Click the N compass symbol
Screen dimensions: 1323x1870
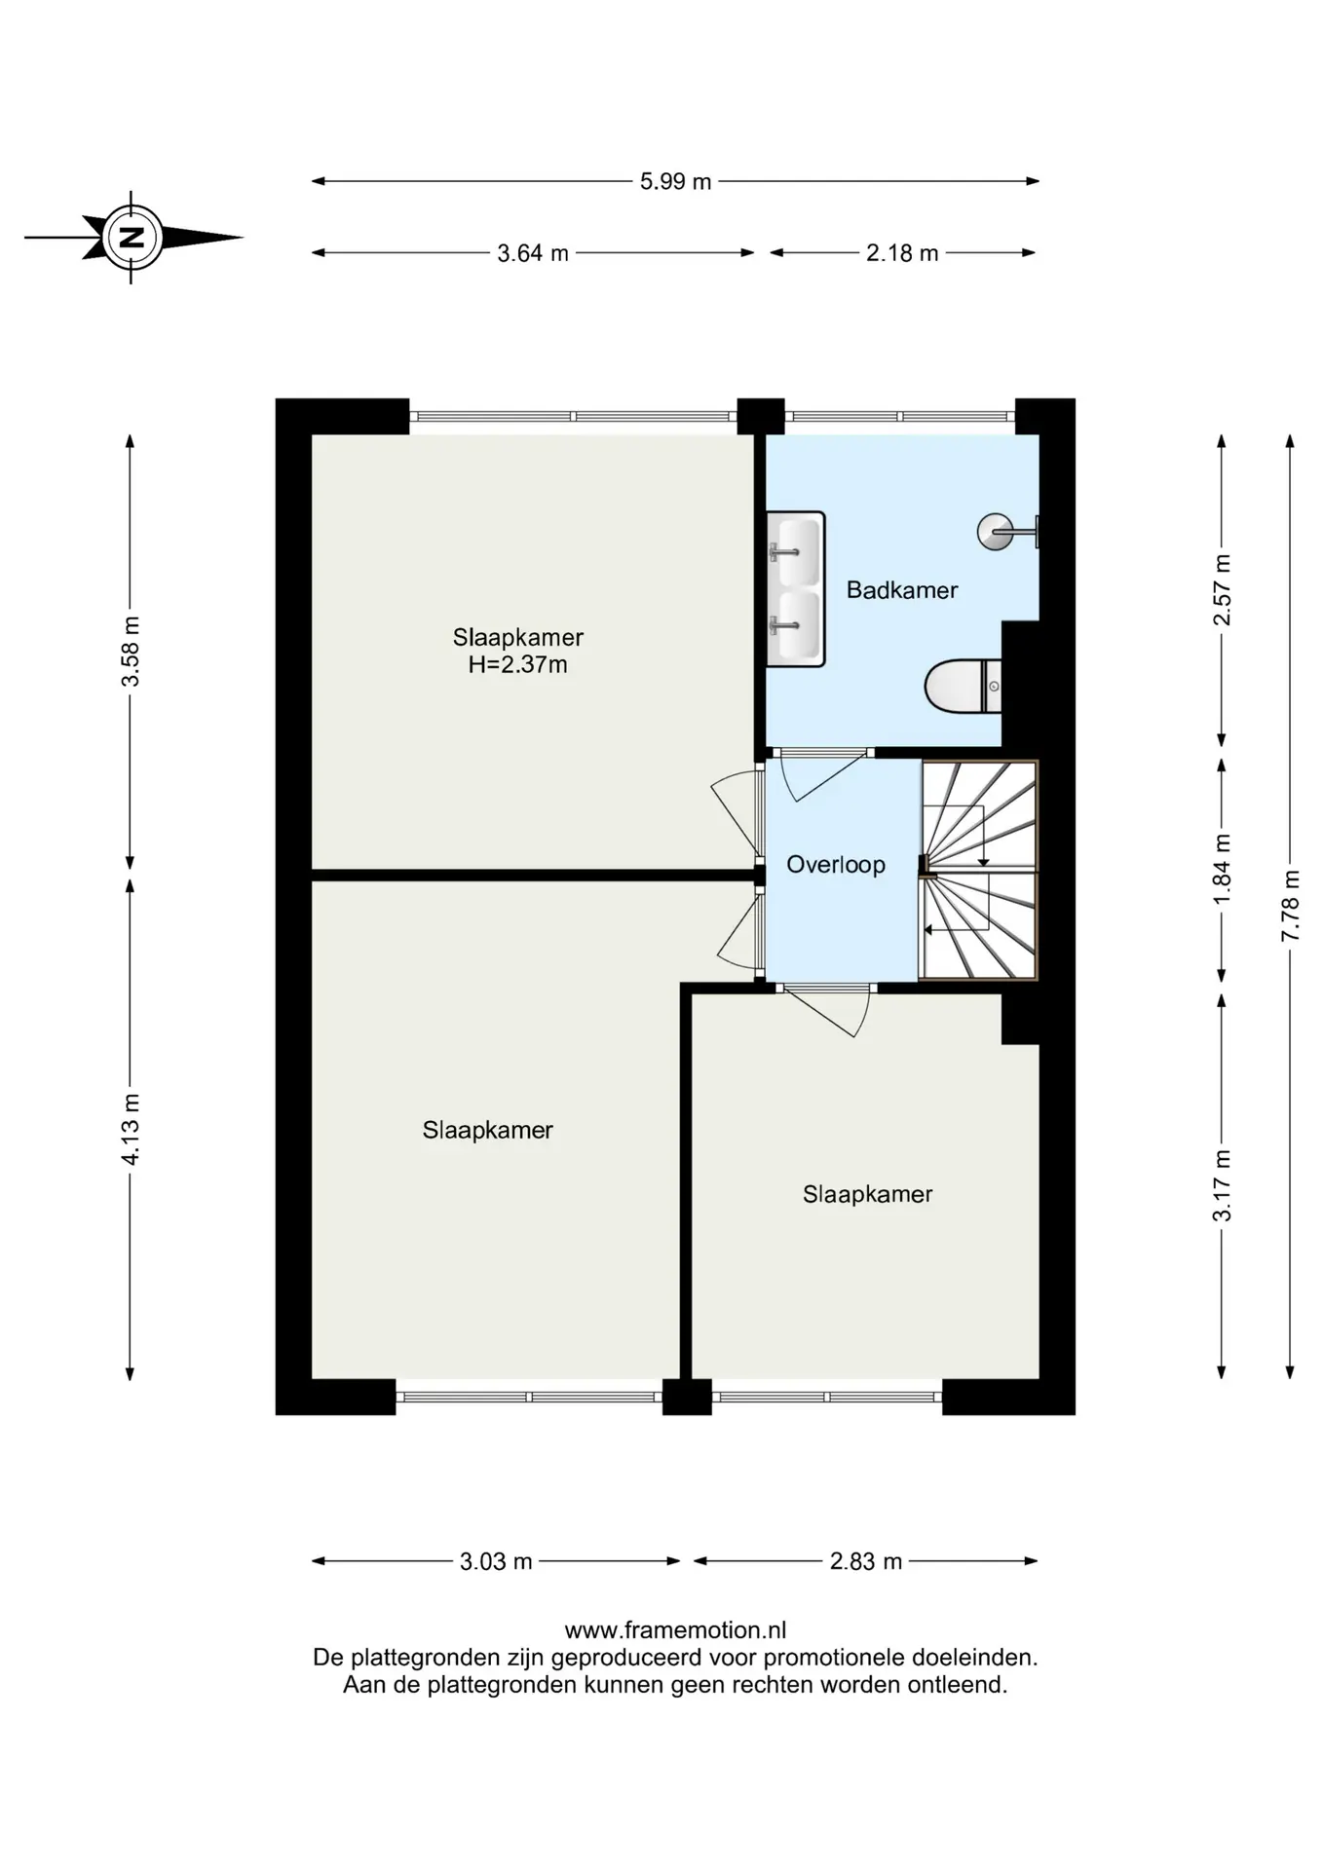(x=132, y=237)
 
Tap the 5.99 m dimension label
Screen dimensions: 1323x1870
(x=675, y=181)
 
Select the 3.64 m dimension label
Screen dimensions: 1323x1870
(x=533, y=253)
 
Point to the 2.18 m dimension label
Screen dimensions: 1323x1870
(x=902, y=253)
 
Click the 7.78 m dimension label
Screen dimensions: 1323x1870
(x=1290, y=905)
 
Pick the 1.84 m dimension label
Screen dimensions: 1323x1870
(x=1222, y=869)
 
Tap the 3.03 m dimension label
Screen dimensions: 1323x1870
(x=496, y=1561)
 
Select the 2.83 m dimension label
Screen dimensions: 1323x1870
(x=866, y=1561)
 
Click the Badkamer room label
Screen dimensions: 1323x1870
(x=902, y=589)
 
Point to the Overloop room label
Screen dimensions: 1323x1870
(x=836, y=865)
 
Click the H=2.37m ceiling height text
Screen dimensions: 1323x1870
(x=517, y=665)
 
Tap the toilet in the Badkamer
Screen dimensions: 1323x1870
(x=963, y=687)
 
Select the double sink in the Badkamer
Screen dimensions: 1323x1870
(x=795, y=589)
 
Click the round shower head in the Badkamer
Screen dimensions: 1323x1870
(x=995, y=532)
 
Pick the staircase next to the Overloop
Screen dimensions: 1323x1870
(x=979, y=870)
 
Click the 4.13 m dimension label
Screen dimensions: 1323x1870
(x=131, y=1129)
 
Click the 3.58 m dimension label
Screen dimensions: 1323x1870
(x=131, y=652)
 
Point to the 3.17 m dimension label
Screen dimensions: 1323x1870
(x=1222, y=1185)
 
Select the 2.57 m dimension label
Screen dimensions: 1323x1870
(x=1222, y=590)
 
